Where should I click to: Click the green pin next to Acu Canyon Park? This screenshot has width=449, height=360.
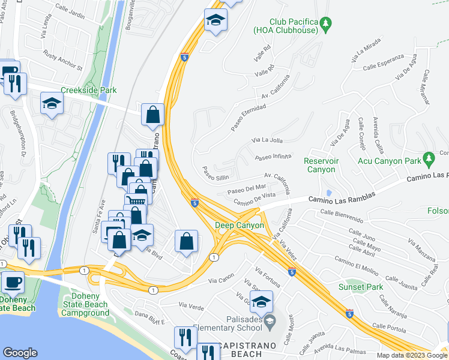[428, 159]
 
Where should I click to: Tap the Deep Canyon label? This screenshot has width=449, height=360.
[240, 226]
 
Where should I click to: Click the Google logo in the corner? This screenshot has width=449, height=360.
[20, 353]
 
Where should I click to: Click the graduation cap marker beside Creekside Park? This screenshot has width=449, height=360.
[52, 105]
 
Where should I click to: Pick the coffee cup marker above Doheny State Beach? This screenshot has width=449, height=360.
[13, 283]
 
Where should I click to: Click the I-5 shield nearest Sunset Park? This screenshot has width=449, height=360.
[349, 313]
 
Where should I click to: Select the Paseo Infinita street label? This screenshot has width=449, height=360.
[273, 157]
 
